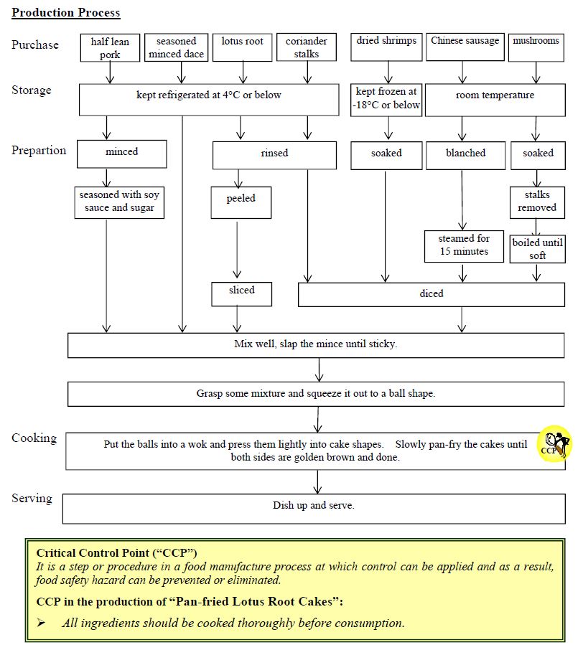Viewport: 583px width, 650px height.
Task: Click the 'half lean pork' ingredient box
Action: coord(110,47)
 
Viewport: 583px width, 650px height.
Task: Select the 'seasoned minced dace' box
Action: coord(176,47)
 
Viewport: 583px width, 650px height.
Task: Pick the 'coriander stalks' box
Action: coord(307,47)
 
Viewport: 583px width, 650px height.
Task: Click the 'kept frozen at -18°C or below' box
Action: coord(386,98)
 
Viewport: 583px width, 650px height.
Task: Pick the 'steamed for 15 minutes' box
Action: coord(464,245)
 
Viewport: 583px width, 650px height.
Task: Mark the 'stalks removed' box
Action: coord(537,202)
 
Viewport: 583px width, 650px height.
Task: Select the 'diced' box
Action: coord(432,294)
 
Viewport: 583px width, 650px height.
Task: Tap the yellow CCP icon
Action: coord(554,444)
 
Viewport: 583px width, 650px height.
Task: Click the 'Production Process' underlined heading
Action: coord(66,13)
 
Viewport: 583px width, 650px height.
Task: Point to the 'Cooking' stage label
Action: coord(34,438)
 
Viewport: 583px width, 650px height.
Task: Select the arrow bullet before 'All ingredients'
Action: coord(42,623)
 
